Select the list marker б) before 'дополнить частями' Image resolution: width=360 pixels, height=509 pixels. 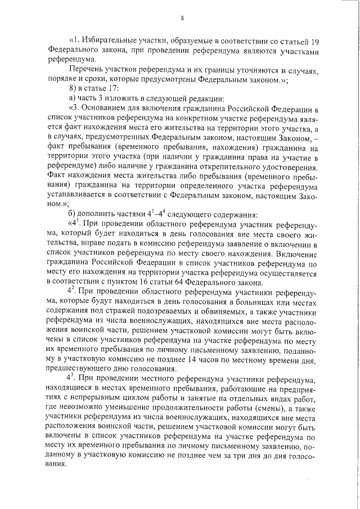72,217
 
